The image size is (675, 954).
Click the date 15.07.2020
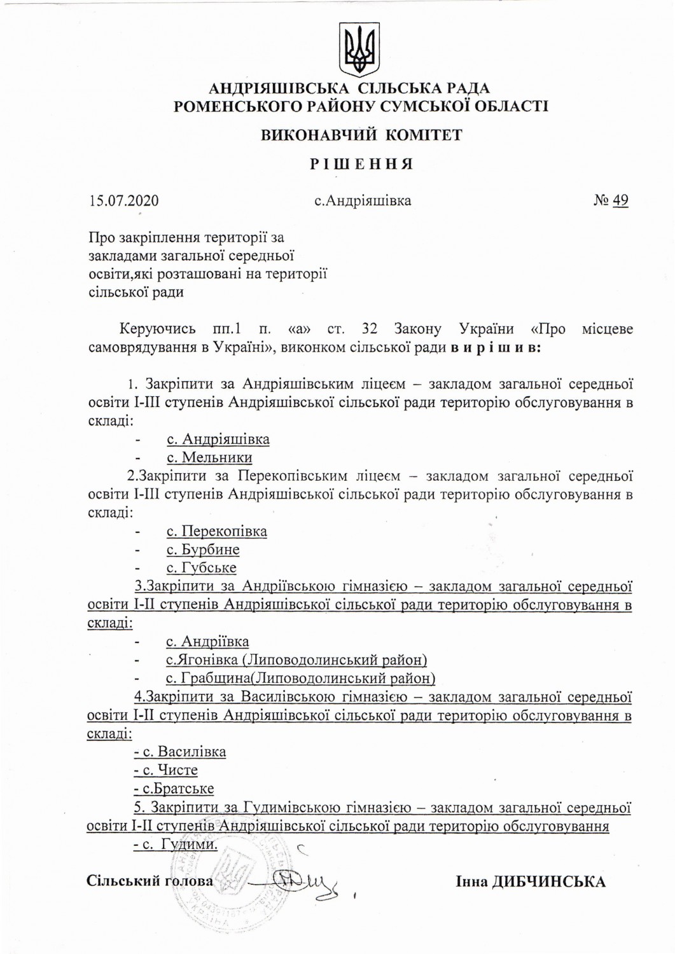click(124, 201)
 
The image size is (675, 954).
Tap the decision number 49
click(620, 201)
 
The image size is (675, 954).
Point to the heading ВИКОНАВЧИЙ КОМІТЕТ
click(361, 135)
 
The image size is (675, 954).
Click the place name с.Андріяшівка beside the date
click(363, 201)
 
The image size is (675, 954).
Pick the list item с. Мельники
click(209, 457)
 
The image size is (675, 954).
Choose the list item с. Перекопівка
click(216, 531)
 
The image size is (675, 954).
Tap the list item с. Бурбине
click(203, 550)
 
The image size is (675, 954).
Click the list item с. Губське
click(201, 567)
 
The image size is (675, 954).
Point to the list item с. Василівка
click(180, 752)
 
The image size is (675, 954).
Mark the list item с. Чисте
click(166, 770)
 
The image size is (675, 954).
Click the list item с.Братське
click(174, 789)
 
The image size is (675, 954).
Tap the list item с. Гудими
click(176, 845)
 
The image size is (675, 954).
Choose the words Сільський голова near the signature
click(150, 881)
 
